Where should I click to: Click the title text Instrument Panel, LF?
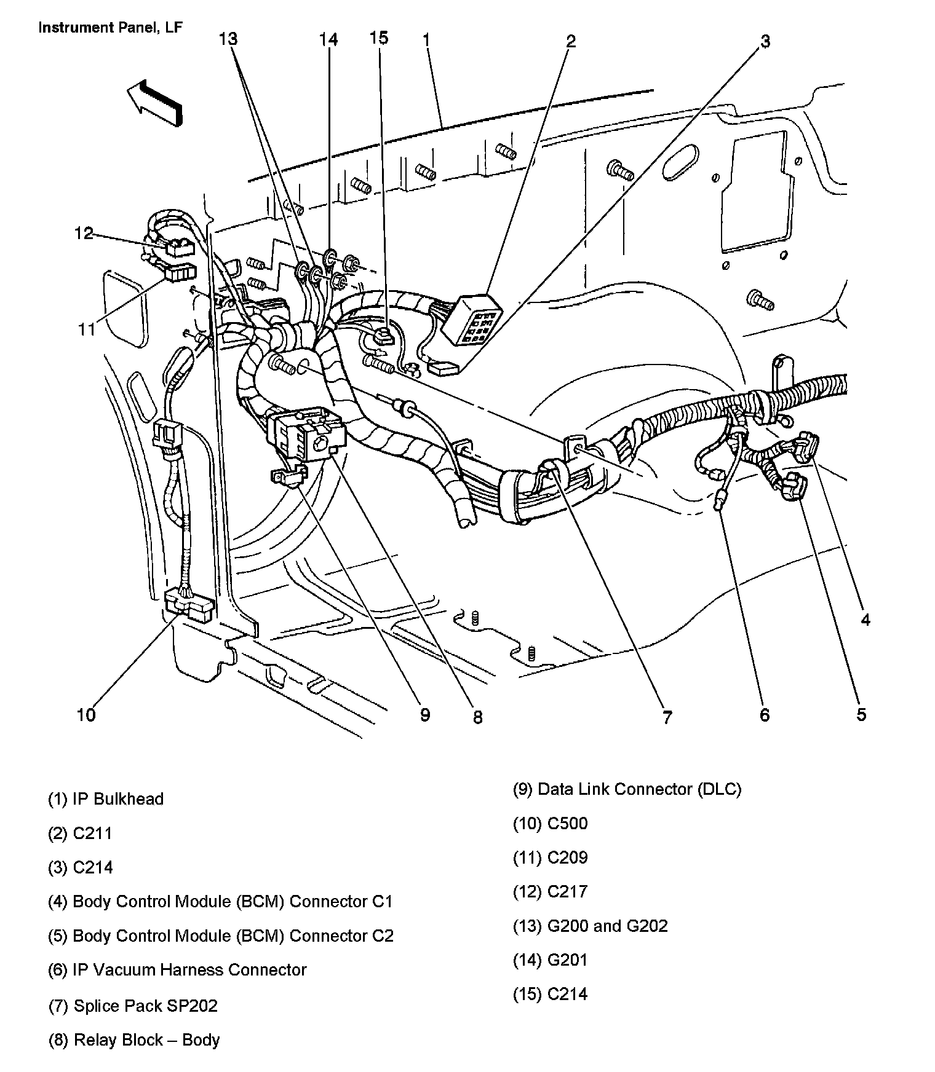(x=111, y=28)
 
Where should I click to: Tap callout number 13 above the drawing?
(x=228, y=39)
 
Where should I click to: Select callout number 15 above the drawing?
(x=379, y=38)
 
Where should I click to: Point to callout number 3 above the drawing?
(x=765, y=42)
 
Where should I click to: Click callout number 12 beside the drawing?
(x=84, y=234)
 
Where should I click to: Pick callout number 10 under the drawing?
(x=86, y=715)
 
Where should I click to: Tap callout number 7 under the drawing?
(x=667, y=717)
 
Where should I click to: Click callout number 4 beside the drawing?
(x=865, y=620)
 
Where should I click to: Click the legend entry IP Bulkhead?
(x=106, y=799)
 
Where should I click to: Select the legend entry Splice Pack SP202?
(x=133, y=1006)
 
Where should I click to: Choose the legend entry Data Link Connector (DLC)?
(x=627, y=789)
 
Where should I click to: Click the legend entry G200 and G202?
(x=591, y=926)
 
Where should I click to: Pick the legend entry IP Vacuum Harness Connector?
(x=177, y=970)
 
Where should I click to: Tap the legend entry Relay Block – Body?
(x=134, y=1040)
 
